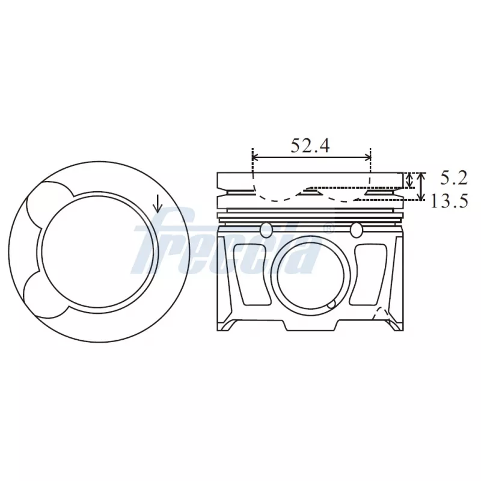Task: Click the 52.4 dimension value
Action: (x=310, y=146)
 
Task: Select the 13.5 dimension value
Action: (x=449, y=201)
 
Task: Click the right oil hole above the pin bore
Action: (x=357, y=229)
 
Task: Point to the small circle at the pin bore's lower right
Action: (x=331, y=305)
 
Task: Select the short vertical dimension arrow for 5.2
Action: (x=410, y=179)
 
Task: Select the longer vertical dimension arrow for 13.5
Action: (x=421, y=186)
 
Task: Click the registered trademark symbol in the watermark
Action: (x=328, y=228)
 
